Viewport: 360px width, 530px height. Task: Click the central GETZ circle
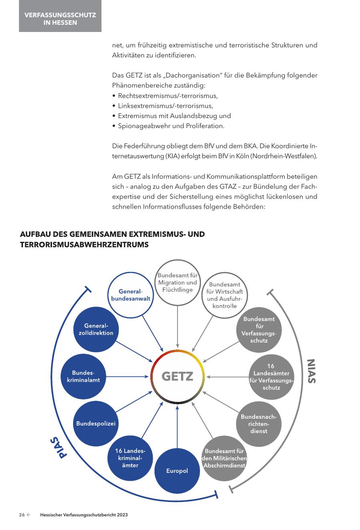(x=177, y=376)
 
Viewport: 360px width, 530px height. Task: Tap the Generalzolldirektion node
(x=96, y=329)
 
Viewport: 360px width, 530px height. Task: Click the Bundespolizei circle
(x=96, y=424)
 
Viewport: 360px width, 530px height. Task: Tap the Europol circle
(x=177, y=471)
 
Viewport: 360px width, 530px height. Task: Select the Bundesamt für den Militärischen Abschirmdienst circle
(x=224, y=458)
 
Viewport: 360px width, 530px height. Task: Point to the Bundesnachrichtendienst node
(x=258, y=424)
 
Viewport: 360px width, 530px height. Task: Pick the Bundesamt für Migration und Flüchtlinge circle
(x=177, y=283)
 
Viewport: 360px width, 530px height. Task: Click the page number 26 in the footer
(x=22, y=515)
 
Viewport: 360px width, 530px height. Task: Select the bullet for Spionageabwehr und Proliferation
(x=114, y=126)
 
